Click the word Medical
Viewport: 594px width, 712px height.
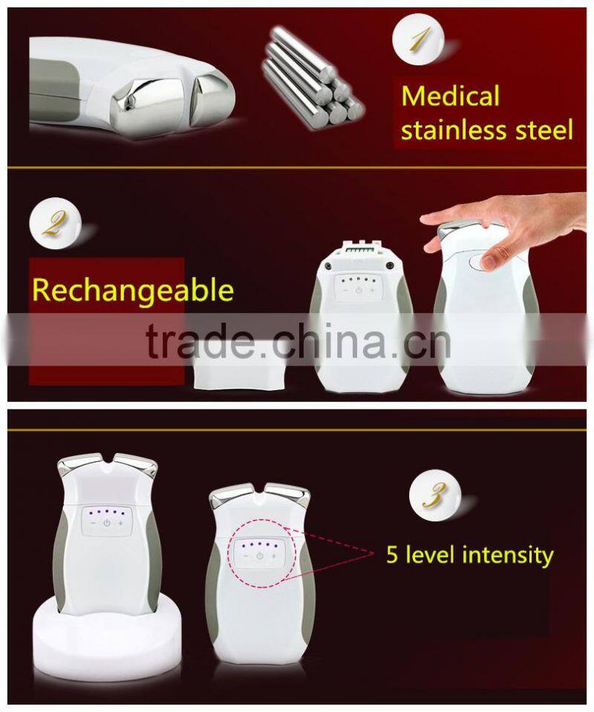[x=450, y=96]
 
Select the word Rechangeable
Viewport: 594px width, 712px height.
[x=133, y=290]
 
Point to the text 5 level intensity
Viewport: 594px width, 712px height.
[x=469, y=554]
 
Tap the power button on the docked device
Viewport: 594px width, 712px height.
[x=107, y=523]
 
